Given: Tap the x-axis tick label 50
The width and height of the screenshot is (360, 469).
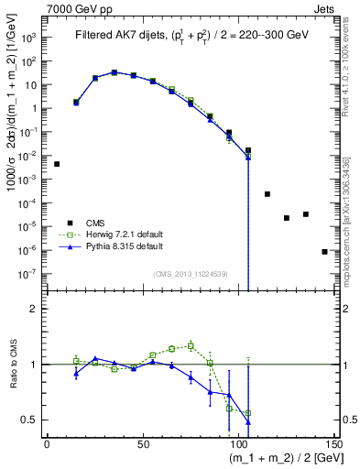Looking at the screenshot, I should click(x=143, y=444).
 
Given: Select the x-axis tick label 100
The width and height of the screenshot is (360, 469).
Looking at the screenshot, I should click(x=238, y=444).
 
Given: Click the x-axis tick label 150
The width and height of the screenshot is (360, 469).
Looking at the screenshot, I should click(x=333, y=444).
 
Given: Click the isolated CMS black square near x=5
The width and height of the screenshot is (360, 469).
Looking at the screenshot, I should click(x=57, y=164).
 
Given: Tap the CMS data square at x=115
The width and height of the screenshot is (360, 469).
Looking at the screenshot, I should click(x=267, y=194).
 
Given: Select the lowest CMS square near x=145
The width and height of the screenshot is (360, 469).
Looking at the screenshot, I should click(x=324, y=251).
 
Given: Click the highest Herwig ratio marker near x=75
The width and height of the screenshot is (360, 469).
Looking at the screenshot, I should click(x=191, y=345).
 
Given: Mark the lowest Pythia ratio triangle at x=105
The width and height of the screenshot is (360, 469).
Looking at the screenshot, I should click(x=248, y=421).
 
